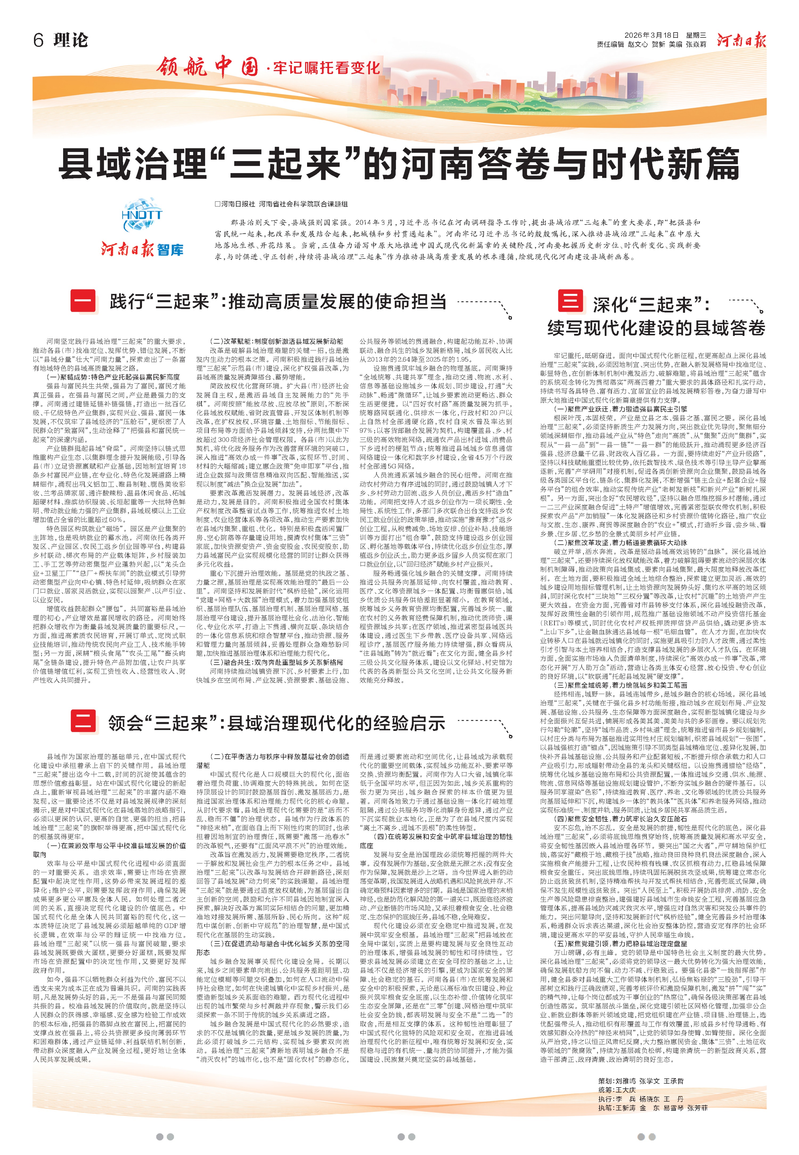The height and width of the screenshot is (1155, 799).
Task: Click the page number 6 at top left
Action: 39,40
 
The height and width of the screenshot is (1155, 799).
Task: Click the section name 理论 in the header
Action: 71,40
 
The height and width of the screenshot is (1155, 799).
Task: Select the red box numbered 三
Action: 570,301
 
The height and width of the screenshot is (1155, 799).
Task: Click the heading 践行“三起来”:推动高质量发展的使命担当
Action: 278,302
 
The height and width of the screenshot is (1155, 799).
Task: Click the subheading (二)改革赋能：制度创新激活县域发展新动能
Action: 276,341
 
